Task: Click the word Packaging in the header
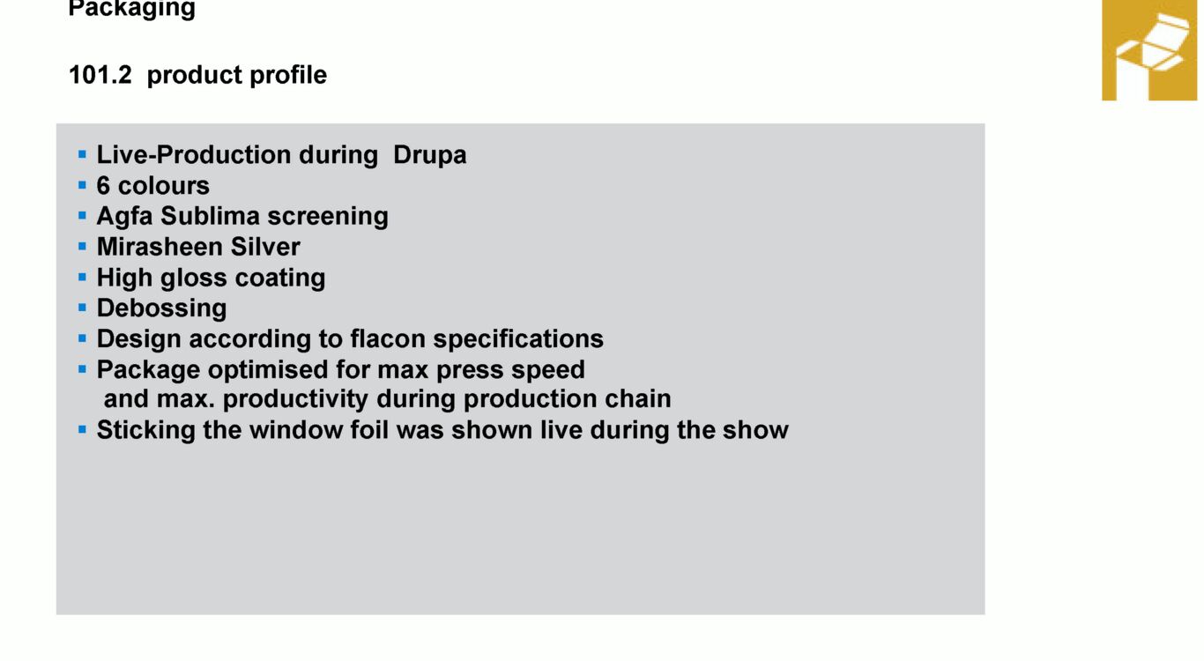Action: coord(131,9)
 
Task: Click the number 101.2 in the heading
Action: coord(100,75)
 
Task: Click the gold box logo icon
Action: coord(1149,50)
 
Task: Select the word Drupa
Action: coord(429,155)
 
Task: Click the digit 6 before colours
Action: coord(103,186)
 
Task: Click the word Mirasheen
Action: coord(160,247)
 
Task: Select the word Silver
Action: coord(265,247)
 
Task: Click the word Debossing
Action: coord(161,309)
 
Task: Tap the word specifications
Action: coord(518,339)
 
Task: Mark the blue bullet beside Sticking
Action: coord(82,429)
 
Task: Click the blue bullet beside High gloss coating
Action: coord(82,278)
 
